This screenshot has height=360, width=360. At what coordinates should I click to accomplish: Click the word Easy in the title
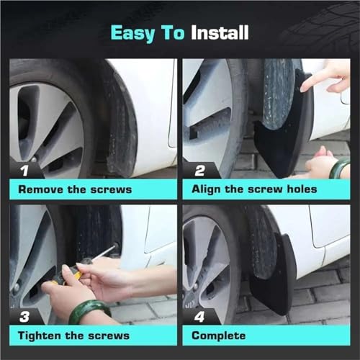(132, 34)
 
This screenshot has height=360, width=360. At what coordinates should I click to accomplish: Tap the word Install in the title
(220, 32)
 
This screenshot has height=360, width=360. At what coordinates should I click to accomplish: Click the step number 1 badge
(24, 171)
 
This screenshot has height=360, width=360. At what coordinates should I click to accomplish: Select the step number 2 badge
(199, 171)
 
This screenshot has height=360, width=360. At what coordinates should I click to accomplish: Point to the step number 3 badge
(24, 317)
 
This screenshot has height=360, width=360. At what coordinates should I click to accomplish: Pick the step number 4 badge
(199, 317)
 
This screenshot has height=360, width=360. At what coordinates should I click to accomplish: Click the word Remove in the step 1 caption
(40, 189)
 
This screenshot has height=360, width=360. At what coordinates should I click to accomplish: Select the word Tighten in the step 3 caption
(40, 336)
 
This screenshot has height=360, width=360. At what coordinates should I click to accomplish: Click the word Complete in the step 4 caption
(219, 336)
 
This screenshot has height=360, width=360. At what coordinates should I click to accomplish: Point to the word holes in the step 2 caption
(302, 189)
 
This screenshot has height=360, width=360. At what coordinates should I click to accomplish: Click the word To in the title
(174, 32)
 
